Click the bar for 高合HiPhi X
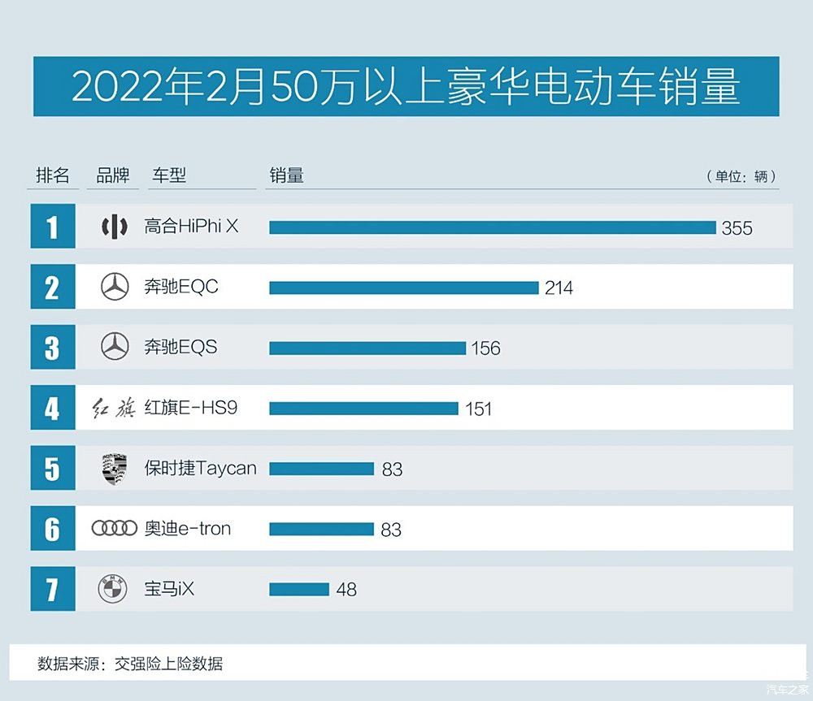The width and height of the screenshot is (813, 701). [x=492, y=227]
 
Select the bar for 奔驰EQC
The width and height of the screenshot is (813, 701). [x=403, y=288]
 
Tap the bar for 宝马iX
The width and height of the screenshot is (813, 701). [x=298, y=589]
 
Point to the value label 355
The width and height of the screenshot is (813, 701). [x=737, y=228]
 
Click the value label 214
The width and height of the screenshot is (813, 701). [x=559, y=288]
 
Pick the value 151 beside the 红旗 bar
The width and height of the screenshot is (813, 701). [x=479, y=409]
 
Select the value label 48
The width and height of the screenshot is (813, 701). [x=346, y=590]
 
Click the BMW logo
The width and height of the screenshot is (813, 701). [x=113, y=589]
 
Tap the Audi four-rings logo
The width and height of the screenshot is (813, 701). [x=115, y=529]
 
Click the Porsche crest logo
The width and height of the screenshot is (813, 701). [x=115, y=469]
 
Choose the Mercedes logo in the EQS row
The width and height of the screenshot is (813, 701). [x=115, y=348]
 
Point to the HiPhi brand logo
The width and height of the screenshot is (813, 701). [x=115, y=227]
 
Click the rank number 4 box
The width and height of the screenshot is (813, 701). [x=52, y=408]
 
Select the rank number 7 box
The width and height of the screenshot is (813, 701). [x=52, y=589]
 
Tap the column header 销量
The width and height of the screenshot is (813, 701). [x=286, y=175]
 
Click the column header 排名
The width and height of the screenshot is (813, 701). [x=53, y=175]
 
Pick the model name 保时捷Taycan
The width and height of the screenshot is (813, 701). [x=200, y=469]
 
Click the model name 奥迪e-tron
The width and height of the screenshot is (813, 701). [x=188, y=529]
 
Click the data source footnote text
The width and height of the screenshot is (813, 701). [x=130, y=664]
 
